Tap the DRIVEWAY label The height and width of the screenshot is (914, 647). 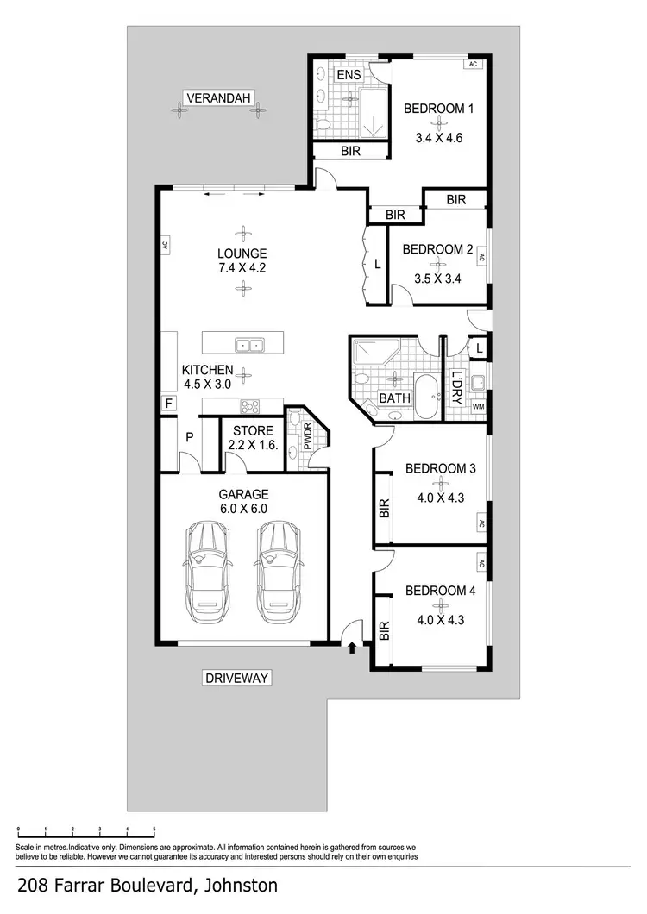[237, 678]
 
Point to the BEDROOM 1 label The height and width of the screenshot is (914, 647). [440, 109]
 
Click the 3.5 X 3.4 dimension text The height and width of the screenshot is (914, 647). [438, 279]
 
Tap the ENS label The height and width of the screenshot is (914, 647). [349, 75]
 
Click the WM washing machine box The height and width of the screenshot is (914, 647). [478, 406]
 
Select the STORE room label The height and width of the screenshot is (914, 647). [252, 431]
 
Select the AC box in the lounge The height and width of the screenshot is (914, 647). [164, 244]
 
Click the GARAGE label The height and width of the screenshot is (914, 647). [243, 494]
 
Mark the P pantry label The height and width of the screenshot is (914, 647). [188, 437]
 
